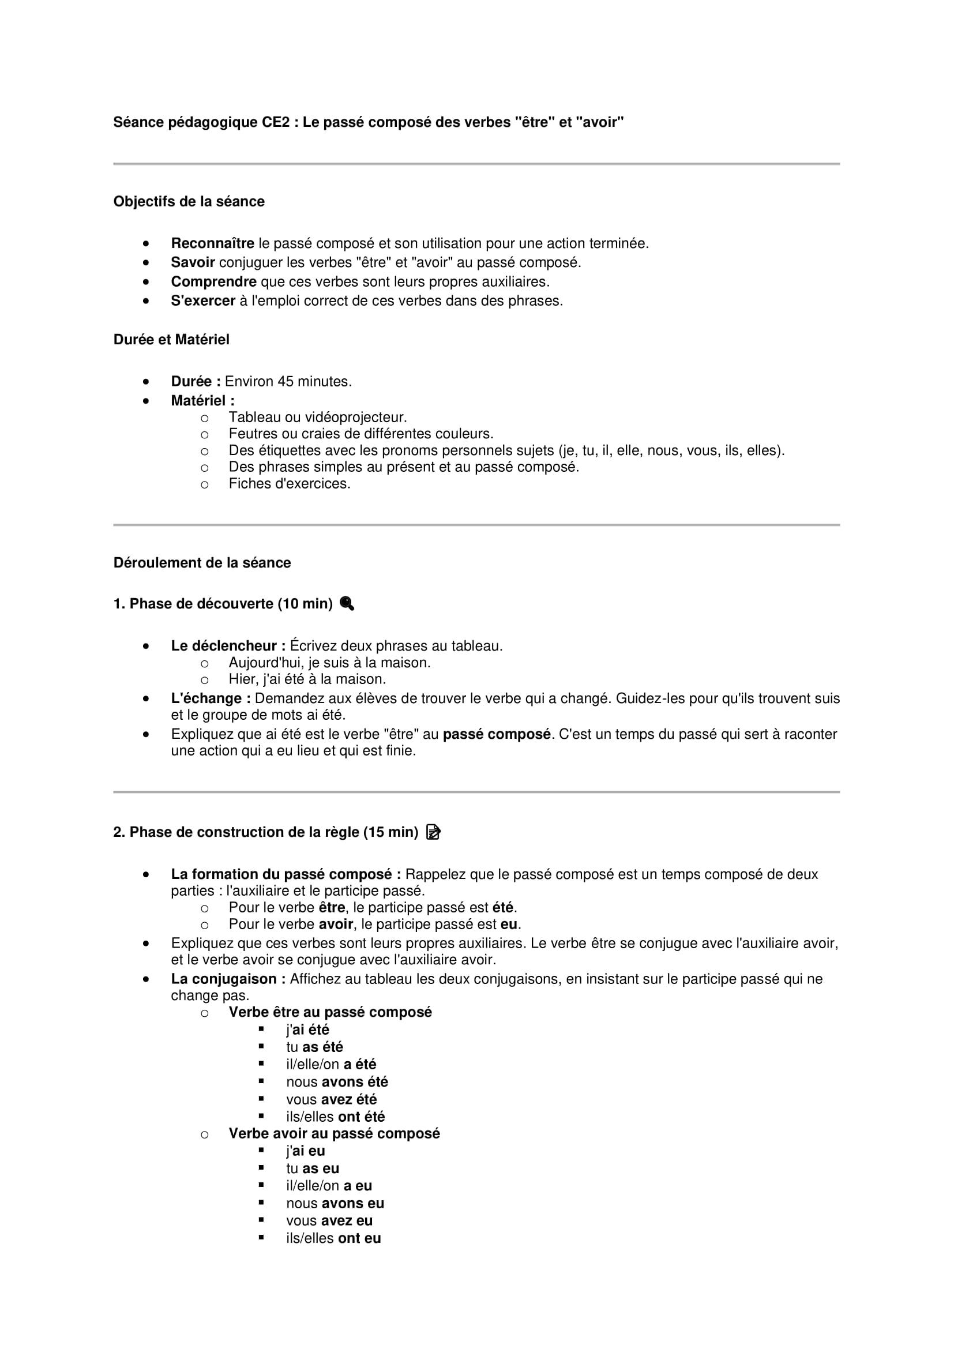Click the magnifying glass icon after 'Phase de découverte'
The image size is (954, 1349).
point(347,603)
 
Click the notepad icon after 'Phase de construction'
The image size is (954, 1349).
point(433,832)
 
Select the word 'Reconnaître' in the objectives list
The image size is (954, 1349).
point(212,243)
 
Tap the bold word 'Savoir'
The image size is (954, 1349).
point(193,262)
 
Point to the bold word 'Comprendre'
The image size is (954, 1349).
point(214,282)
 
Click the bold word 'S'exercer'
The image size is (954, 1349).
point(202,301)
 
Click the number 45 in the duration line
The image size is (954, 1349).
point(286,381)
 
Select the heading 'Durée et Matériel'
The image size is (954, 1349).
point(171,340)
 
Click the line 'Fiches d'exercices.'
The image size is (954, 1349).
point(289,483)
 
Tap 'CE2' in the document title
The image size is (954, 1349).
point(276,122)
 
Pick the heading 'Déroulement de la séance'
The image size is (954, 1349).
point(202,563)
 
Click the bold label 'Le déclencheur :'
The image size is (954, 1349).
point(228,646)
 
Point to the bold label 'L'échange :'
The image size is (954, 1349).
point(211,698)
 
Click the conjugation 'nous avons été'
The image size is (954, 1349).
point(337,1081)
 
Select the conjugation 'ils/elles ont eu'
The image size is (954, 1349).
point(333,1238)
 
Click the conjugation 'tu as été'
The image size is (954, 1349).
point(314,1047)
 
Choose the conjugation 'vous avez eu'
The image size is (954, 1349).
point(329,1220)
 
